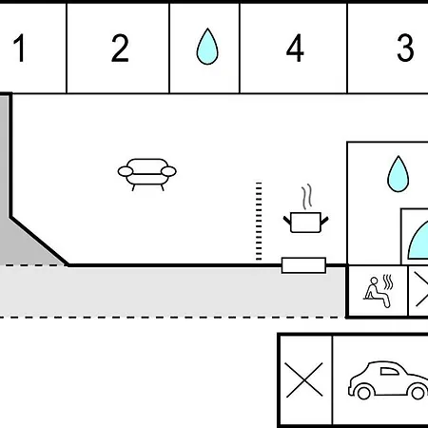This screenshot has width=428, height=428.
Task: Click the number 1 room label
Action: coord(20,48)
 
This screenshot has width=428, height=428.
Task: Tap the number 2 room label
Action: coord(120,48)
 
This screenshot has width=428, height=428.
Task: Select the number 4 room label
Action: coord(295,48)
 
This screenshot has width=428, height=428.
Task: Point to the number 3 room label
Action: coord(405,48)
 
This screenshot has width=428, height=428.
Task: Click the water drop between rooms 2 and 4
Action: coord(207,47)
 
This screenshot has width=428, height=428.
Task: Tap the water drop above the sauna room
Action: coord(399,174)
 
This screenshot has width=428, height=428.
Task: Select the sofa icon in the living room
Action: coord(147,174)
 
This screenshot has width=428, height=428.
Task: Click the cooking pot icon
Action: coord(305,223)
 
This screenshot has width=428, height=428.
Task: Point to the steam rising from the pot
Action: coord(306,197)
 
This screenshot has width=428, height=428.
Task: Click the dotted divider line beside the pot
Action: coord(259,222)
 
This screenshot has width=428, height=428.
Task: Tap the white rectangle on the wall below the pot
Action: coord(303,265)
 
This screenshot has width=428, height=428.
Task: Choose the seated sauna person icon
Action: coord(377,292)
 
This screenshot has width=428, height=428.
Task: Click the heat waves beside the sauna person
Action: coord(388,282)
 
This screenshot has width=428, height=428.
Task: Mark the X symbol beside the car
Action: coord(303,379)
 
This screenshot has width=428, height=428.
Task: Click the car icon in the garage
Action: coord(388,380)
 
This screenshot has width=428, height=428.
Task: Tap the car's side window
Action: coord(389,372)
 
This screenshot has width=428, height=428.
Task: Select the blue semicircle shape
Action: coord(420,241)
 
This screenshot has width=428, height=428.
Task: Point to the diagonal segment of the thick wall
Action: coord(39,241)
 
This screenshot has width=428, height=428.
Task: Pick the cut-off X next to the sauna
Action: coord(421,291)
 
